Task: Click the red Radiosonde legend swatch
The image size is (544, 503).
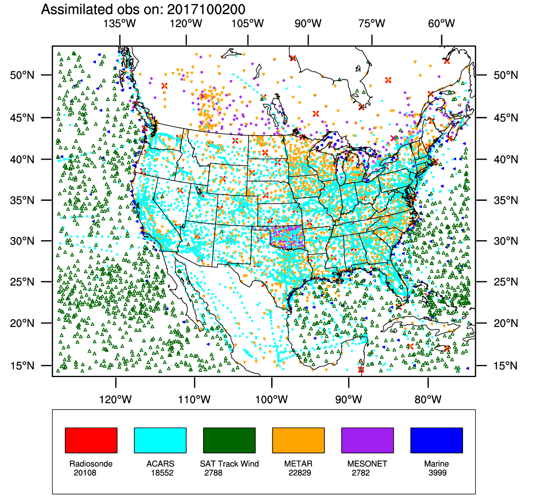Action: (91, 440)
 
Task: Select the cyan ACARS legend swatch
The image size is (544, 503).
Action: (160, 440)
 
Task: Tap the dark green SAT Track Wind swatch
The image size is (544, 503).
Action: (229, 440)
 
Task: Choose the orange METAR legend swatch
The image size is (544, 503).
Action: (298, 440)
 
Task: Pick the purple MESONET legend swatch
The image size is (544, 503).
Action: (367, 440)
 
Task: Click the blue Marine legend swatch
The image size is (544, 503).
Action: (436, 440)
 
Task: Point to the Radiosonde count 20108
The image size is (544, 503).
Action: (85, 473)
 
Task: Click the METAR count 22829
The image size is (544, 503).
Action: (300, 473)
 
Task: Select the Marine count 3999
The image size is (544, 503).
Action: (438, 473)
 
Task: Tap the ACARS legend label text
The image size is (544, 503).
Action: (160, 464)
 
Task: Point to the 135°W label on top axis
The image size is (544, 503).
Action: (120, 24)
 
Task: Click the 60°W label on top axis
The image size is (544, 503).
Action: (442, 24)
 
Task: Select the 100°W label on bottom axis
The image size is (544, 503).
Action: (272, 400)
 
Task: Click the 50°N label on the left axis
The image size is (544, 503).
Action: (22, 75)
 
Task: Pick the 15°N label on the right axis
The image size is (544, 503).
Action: (506, 366)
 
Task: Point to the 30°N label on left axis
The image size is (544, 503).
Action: (22, 241)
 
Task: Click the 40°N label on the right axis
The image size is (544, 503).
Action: (506, 159)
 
